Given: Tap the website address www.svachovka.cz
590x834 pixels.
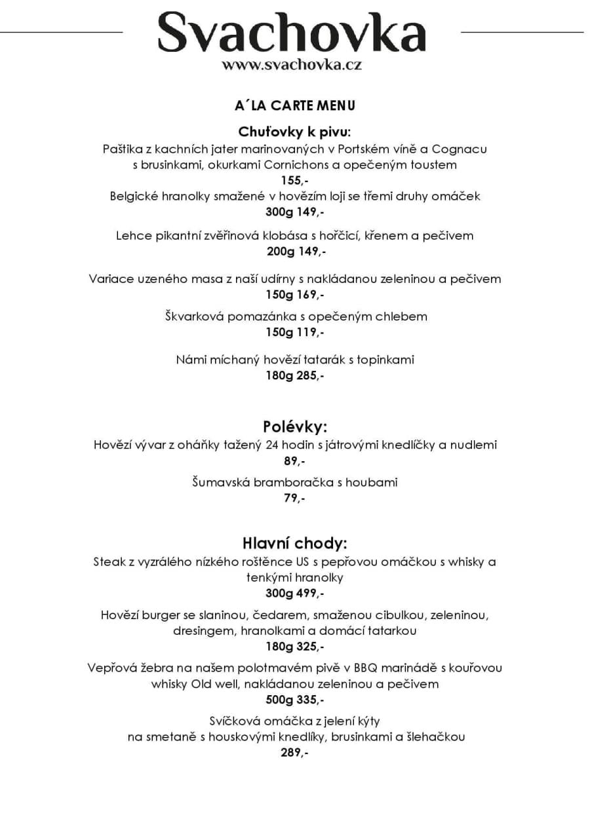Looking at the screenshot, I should (x=292, y=65).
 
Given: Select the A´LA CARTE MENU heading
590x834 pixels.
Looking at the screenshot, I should (x=294, y=105).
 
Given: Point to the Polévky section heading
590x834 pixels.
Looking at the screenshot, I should (x=294, y=427).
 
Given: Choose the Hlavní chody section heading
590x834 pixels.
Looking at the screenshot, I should (x=294, y=543).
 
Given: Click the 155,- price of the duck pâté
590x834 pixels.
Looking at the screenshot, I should (x=294, y=180).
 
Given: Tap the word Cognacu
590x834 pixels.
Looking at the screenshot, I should (x=459, y=149).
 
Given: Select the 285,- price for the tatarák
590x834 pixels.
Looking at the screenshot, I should (x=310, y=375).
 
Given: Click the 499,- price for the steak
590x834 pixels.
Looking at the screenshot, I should (x=310, y=594).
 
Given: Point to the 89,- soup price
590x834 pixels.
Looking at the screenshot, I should (x=294, y=461).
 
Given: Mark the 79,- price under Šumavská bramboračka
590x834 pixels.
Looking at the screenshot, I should (x=294, y=499).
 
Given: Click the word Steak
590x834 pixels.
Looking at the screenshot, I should (x=108, y=562).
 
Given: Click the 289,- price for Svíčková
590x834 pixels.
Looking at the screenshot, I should (x=294, y=753).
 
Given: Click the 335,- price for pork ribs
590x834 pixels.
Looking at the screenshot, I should (x=310, y=700).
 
